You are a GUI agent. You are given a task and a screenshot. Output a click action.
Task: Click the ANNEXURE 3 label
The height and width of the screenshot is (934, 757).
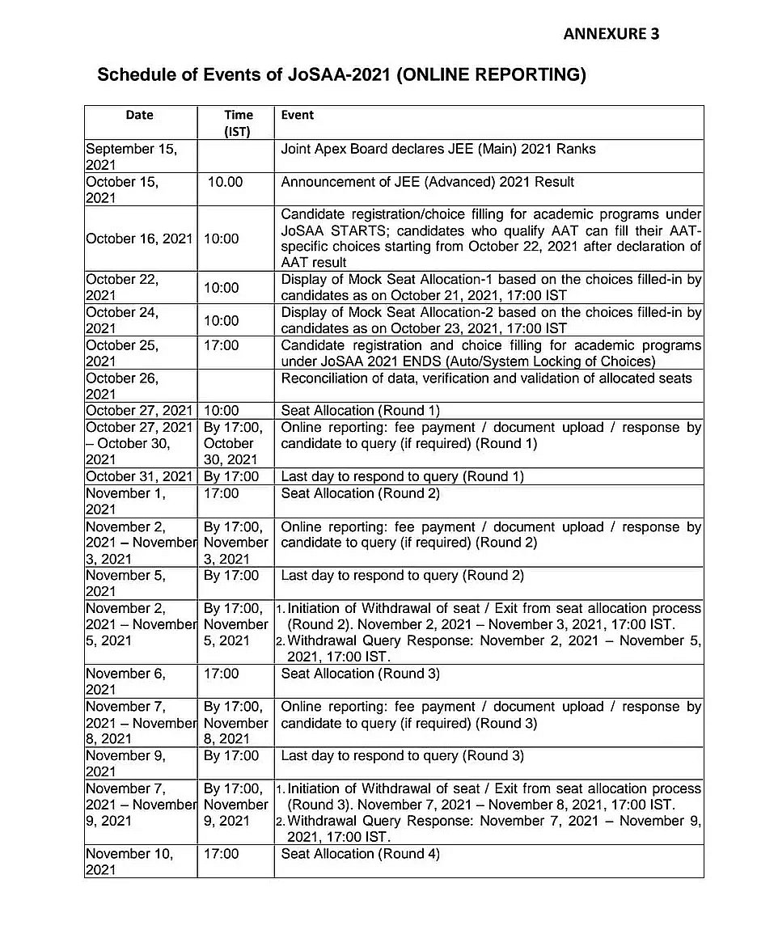click(611, 33)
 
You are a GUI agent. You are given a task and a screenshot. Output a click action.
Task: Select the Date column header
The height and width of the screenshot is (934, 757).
click(139, 115)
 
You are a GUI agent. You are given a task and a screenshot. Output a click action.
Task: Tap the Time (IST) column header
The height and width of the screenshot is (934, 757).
click(238, 123)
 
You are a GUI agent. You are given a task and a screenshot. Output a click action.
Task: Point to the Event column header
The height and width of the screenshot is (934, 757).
click(297, 115)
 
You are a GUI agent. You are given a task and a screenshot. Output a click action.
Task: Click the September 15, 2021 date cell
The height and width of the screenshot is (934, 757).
click(130, 157)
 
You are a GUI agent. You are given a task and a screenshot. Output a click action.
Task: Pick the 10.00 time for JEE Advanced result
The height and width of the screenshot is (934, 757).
click(225, 182)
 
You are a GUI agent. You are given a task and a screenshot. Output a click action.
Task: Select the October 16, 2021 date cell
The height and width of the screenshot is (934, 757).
click(139, 239)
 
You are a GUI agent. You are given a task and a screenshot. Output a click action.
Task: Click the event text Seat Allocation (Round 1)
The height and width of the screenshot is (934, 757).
click(360, 411)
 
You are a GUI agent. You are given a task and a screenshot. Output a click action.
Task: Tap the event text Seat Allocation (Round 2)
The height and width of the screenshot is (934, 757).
click(360, 493)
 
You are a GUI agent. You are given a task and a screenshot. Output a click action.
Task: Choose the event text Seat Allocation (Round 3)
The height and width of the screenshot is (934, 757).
click(360, 674)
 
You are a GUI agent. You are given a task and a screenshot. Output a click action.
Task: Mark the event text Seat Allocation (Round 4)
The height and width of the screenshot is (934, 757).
click(360, 854)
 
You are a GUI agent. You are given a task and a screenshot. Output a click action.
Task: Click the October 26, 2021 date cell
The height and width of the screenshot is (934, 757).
click(122, 386)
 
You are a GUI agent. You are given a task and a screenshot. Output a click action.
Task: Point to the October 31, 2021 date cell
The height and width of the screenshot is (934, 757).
click(139, 476)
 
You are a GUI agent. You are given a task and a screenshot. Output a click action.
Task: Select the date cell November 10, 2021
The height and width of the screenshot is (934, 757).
click(129, 861)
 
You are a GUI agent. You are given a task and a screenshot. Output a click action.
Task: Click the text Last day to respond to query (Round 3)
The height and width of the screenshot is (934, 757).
click(402, 756)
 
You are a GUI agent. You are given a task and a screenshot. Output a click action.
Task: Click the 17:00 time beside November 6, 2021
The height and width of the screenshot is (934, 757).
click(222, 674)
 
